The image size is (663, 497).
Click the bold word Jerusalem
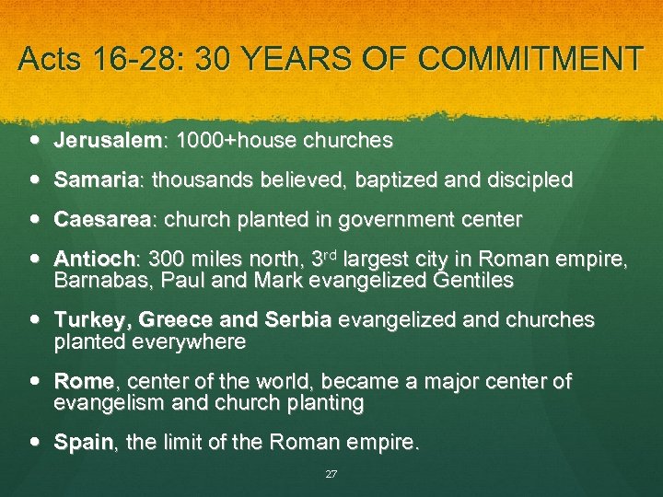(107, 141)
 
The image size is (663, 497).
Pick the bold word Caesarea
(101, 220)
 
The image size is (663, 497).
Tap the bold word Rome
(84, 381)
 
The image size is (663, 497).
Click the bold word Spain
(83, 443)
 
